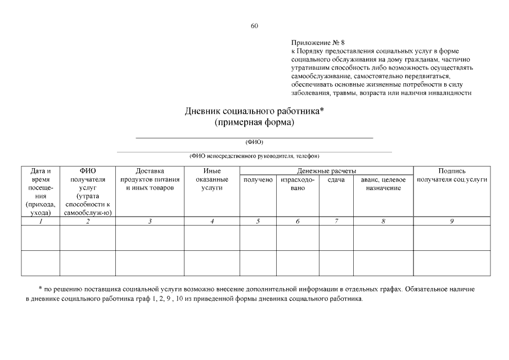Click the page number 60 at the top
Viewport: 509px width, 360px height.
tap(254, 26)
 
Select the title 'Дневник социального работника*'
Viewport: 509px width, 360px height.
tap(255, 111)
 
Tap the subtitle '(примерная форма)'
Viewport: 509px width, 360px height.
tap(255, 123)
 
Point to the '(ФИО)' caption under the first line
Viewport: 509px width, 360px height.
tap(254, 142)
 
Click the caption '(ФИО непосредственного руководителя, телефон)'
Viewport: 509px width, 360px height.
tap(254, 156)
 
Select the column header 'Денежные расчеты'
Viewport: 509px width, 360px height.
tap(327, 171)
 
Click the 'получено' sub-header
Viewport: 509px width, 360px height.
tap(258, 179)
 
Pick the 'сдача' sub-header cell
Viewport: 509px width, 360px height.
tap(336, 179)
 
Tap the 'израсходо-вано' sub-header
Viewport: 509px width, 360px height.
tap(298, 183)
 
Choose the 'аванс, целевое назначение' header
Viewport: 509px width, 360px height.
tap(383, 183)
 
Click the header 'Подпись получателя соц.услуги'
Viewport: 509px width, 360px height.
tap(452, 175)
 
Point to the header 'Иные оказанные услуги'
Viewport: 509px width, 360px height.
tap(212, 179)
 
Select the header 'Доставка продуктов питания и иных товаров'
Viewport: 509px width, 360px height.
tap(150, 179)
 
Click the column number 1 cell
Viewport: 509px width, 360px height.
tap(40, 222)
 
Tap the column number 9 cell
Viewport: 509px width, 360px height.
tap(452, 222)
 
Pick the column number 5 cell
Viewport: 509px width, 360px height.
tap(258, 222)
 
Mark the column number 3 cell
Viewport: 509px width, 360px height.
tap(150, 222)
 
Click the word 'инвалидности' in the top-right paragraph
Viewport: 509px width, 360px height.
tap(452, 93)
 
